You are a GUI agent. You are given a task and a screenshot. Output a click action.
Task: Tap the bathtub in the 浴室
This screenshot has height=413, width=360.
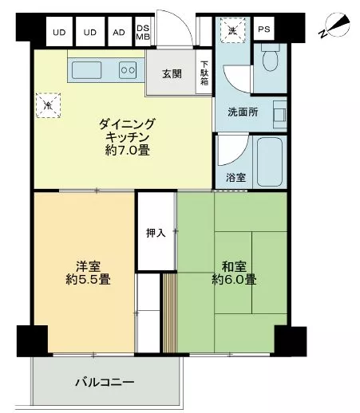[270, 162]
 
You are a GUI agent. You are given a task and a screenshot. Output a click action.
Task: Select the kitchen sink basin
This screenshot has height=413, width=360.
[87, 70]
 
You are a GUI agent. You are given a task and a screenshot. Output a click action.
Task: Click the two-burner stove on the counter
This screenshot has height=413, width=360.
[128, 70]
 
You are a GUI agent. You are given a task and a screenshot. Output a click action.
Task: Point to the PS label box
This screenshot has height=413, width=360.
[264, 29]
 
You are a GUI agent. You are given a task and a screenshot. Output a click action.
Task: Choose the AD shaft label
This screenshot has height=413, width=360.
[119, 33]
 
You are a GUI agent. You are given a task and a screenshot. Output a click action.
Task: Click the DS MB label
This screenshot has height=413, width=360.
[143, 32]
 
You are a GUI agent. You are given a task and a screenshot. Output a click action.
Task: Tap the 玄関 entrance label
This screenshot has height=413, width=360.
[172, 73]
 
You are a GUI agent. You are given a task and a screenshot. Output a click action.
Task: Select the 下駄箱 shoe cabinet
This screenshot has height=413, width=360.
[204, 73]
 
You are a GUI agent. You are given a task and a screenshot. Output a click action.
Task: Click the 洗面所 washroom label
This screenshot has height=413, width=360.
[243, 112]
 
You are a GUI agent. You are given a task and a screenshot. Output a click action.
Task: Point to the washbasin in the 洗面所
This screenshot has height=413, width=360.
[280, 115]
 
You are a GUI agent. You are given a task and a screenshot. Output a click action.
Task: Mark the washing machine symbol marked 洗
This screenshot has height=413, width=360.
[232, 30]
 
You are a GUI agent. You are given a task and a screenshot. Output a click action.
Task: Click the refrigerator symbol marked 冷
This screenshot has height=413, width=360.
[48, 105]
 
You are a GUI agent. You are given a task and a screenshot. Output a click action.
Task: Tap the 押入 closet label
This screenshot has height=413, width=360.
[156, 233]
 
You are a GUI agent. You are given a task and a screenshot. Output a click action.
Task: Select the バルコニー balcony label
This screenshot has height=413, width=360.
[105, 383]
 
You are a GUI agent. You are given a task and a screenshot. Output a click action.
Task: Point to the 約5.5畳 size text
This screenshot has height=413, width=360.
[88, 280]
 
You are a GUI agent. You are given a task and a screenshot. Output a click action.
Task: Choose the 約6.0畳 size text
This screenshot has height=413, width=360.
[234, 280]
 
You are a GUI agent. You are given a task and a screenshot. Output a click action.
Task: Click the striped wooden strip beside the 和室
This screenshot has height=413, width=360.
[170, 313]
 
